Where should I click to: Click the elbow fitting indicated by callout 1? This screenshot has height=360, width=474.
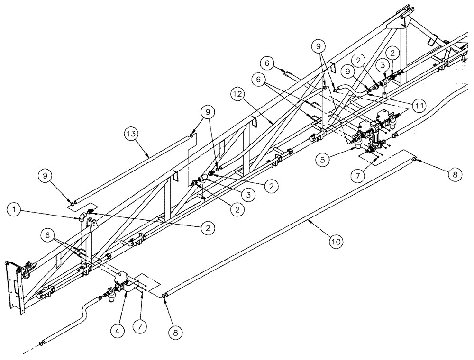click(83, 217)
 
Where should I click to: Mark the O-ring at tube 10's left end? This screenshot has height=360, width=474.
click(164, 296)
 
